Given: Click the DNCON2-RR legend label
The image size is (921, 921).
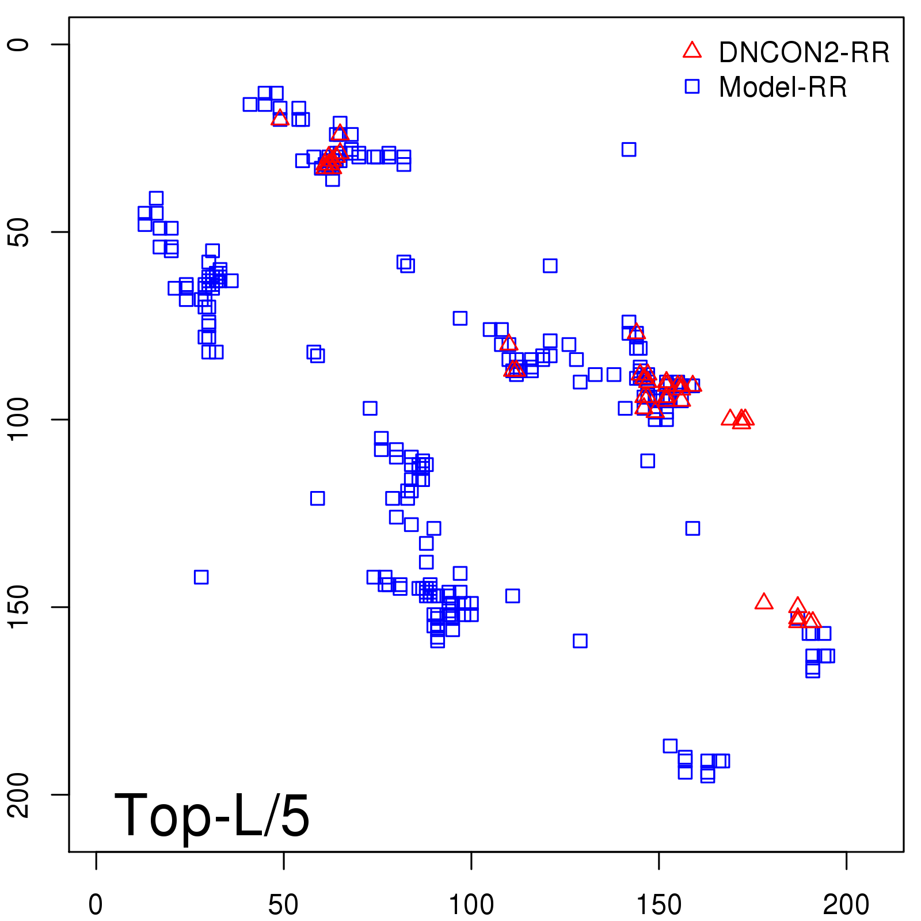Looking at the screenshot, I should point(804,52).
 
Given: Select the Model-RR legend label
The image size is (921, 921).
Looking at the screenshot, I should point(782,87).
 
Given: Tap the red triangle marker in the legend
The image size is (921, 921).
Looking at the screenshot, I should point(692,51).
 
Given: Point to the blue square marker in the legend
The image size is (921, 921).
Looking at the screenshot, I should point(692,86).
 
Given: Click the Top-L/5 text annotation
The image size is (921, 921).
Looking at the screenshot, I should point(212,815).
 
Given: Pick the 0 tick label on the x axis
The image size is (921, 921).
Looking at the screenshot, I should point(96,905).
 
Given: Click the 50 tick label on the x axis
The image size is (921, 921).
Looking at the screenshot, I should point(283,905).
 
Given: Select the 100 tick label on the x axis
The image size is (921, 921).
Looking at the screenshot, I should point(471,905).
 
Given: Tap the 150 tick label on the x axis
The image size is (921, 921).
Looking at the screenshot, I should point(659,905).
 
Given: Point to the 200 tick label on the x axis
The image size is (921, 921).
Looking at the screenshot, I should point(846,905).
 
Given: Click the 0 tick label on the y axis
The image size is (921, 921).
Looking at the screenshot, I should point(18,45).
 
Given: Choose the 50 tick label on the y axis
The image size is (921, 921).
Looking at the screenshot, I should point(18,232).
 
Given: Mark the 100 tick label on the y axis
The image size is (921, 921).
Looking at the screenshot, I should point(18,420).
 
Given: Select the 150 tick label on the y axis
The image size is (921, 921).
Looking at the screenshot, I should point(18,607).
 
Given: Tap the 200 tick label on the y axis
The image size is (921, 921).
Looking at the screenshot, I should point(18,795).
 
